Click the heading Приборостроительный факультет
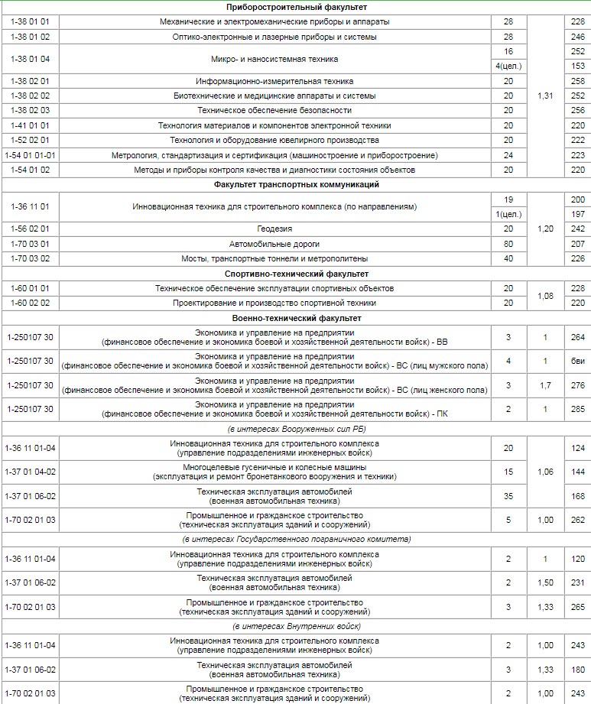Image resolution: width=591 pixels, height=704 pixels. click(296, 7)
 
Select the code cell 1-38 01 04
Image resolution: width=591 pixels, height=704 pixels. click(31, 59)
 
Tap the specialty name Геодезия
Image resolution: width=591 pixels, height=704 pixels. click(274, 229)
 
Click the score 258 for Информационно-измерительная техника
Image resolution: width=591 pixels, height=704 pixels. click(577, 81)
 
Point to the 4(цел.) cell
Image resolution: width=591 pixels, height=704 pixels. click(508, 67)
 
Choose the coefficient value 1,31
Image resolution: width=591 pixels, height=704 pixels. click(544, 96)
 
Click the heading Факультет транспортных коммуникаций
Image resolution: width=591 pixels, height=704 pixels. click(296, 184)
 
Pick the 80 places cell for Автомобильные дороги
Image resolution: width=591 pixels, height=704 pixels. click(508, 244)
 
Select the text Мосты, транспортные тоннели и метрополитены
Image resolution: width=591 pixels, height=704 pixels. click(274, 258)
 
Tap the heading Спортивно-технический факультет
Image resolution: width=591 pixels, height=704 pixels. click(296, 274)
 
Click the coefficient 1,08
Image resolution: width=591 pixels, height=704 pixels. click(544, 296)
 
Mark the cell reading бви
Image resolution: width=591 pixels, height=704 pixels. click(577, 361)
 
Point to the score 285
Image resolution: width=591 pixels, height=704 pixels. click(577, 409)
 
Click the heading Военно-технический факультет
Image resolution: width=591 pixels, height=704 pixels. click(296, 318)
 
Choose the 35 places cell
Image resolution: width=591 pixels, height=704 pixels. click(508, 496)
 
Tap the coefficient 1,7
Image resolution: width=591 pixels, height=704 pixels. click(544, 385)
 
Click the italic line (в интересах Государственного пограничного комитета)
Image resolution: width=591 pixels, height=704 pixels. click(296, 540)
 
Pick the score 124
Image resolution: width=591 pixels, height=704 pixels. click(577, 448)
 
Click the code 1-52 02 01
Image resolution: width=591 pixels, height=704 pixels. click(31, 140)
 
